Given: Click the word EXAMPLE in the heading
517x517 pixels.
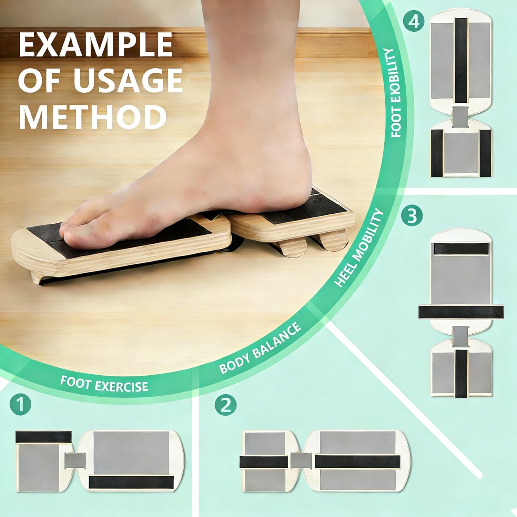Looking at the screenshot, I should pyautogui.click(x=96, y=45).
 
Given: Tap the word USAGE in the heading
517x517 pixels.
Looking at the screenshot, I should pyautogui.click(x=128, y=80).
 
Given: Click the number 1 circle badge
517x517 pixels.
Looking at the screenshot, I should pyautogui.click(x=20, y=405).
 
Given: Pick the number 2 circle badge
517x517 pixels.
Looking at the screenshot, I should pyautogui.click(x=225, y=405).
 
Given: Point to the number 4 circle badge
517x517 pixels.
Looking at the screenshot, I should pyautogui.click(x=414, y=22).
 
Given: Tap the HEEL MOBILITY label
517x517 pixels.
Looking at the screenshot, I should pyautogui.click(x=359, y=248).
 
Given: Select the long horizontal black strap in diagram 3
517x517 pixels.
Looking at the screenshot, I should pyautogui.click(x=461, y=312).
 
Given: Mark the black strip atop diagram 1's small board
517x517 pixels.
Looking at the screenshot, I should pyautogui.click(x=43, y=437).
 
